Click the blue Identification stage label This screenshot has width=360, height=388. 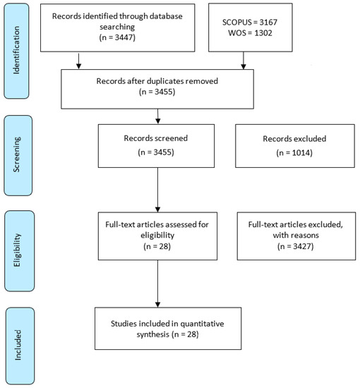point(16,51)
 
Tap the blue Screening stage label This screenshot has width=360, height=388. point(18,155)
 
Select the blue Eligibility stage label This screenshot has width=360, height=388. point(19,250)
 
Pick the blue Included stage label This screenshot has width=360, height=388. point(20,346)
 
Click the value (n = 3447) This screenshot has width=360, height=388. point(117,37)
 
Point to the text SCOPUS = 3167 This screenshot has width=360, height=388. point(250,23)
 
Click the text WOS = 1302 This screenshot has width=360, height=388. point(250,33)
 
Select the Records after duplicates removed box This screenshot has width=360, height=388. point(157,89)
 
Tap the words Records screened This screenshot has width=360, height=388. point(156,138)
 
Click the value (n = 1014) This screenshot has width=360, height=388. point(294,152)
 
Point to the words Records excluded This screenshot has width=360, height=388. point(294,138)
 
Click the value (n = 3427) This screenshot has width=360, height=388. point(296,246)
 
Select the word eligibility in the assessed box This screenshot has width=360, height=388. point(157,235)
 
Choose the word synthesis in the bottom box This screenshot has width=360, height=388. point(152,334)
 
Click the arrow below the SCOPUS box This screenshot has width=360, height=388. point(244,61)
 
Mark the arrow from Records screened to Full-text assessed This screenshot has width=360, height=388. point(157,190)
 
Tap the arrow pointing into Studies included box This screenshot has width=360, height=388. point(157,284)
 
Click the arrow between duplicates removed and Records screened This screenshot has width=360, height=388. point(157,116)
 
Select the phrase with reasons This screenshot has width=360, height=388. point(296,235)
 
